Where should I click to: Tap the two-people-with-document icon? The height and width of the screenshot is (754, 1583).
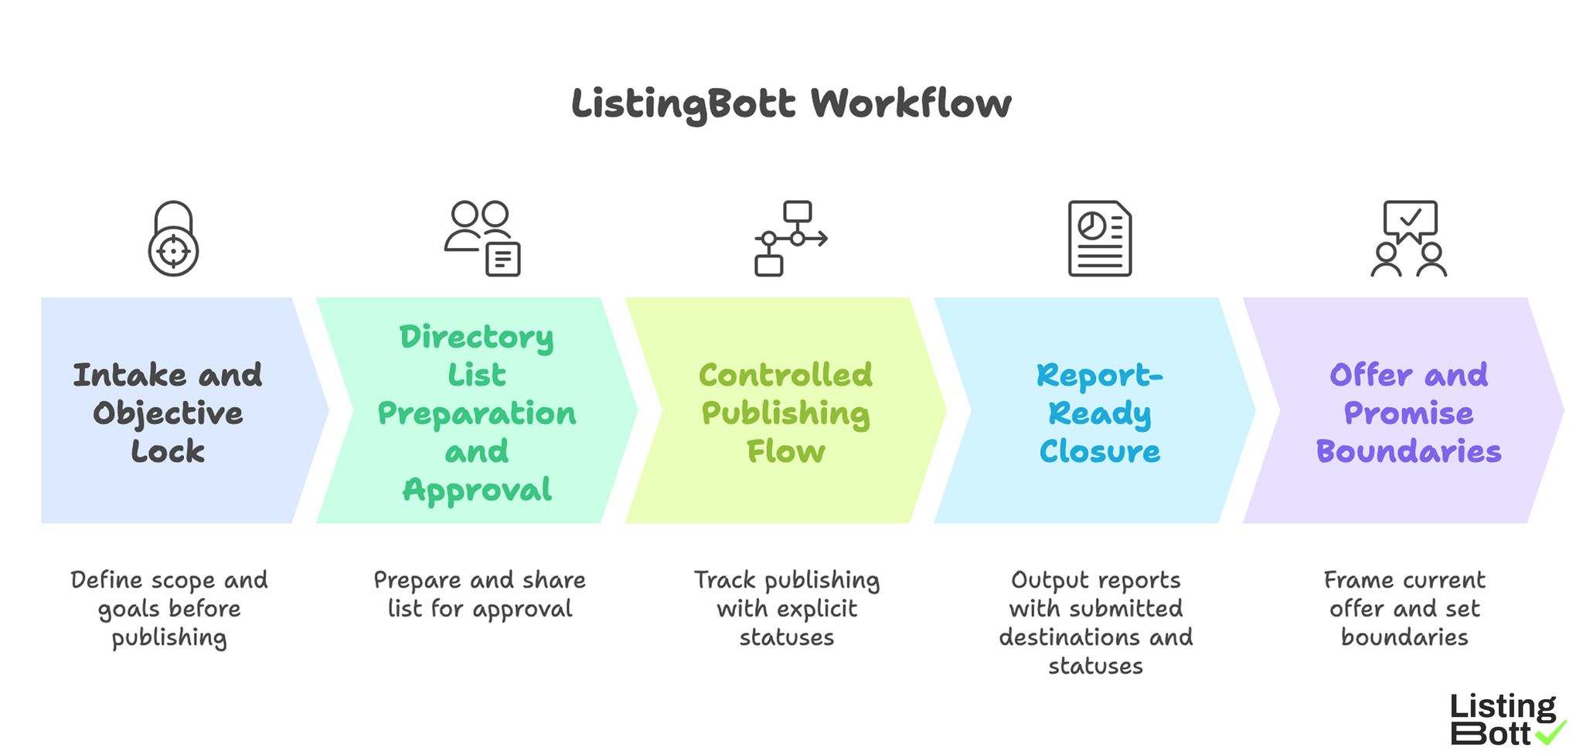482,238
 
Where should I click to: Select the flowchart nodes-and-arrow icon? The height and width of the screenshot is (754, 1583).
790,238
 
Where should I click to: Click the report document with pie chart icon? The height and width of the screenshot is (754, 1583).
1099,238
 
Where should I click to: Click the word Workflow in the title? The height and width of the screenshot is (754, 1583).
911,104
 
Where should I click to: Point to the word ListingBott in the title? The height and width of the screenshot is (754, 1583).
683,104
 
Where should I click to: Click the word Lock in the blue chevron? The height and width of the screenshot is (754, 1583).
168,451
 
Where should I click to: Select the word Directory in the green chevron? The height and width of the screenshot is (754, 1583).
476,337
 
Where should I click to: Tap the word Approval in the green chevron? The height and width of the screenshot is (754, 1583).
477,490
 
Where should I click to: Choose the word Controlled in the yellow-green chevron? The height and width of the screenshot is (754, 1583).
785,375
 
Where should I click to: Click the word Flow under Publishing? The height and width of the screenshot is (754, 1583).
785,451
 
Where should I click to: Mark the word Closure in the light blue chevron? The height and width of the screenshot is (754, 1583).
1099,451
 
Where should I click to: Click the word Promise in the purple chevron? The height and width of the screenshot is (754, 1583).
1408,413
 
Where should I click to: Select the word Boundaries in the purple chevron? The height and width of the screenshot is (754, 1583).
1408,451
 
